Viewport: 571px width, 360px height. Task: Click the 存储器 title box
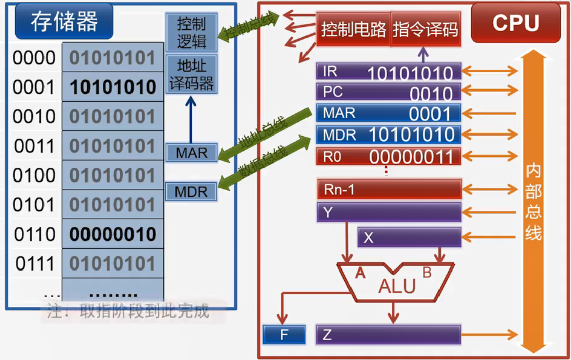[x=64, y=22]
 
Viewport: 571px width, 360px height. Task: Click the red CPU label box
[x=515, y=23]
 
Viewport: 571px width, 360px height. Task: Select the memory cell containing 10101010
[x=113, y=87]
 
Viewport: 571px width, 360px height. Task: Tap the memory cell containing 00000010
[x=113, y=234]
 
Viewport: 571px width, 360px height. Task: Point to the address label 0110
[x=34, y=234]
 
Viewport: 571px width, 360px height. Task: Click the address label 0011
[x=34, y=146]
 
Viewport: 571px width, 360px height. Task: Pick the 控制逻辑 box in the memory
[x=191, y=32]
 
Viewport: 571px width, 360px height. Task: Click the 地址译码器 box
[x=191, y=74]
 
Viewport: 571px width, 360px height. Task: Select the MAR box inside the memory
[x=191, y=153]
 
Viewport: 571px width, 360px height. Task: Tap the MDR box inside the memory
[x=191, y=192]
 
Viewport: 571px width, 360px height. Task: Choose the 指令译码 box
[x=425, y=29]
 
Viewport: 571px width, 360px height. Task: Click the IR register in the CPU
[x=388, y=72]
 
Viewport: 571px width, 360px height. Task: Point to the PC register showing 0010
[x=388, y=92]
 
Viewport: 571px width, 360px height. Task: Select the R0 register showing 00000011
[x=388, y=156]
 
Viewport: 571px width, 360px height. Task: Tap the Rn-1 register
[x=388, y=190]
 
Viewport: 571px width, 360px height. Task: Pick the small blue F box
[x=284, y=335]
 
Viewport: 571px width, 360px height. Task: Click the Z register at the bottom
[x=388, y=335]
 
